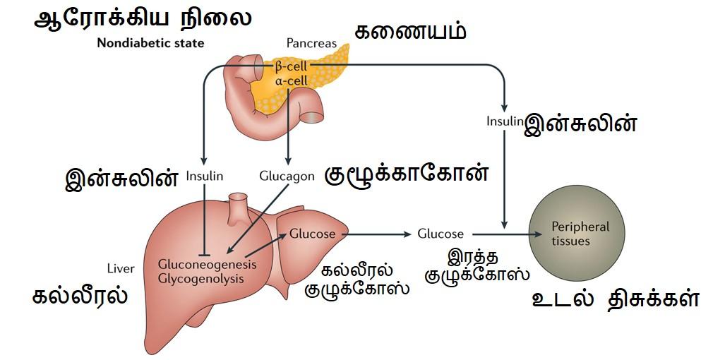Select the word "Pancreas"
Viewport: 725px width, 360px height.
(x=311, y=43)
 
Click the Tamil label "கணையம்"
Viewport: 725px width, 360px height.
(x=412, y=32)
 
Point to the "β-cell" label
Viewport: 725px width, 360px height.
(x=291, y=66)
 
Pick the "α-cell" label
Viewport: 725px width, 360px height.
(x=291, y=80)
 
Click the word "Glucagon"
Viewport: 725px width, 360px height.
(x=287, y=176)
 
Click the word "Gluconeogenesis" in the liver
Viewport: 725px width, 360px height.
(x=208, y=264)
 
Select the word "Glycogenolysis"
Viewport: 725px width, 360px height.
(x=201, y=279)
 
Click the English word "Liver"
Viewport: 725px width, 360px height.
(x=120, y=268)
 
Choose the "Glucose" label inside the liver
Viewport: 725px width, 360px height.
(x=313, y=234)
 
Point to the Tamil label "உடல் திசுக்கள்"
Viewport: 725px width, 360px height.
(x=615, y=299)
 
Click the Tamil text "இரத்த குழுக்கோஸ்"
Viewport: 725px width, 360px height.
(x=477, y=264)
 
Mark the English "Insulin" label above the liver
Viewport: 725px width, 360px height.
(x=205, y=176)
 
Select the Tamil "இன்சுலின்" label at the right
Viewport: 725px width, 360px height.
(x=580, y=124)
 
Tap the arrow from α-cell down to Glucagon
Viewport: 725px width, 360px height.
(x=288, y=127)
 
